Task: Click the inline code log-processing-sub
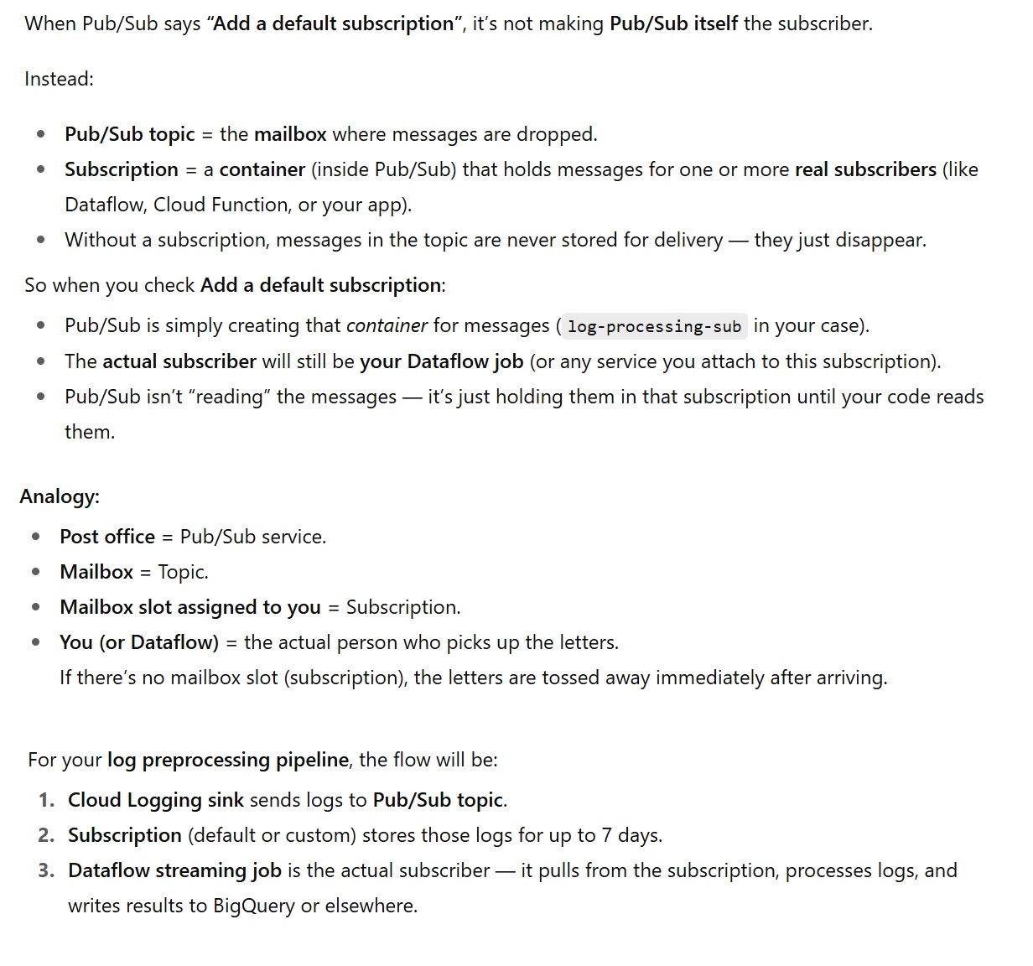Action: [654, 326]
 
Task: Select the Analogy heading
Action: [59, 496]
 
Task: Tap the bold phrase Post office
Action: [107, 537]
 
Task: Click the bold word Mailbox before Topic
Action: [96, 572]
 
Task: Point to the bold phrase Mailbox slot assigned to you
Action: [190, 607]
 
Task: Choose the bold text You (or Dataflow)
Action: [139, 642]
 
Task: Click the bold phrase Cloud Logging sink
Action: [156, 800]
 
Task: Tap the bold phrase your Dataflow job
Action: [442, 361]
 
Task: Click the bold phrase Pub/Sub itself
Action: [673, 23]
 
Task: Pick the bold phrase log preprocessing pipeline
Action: [228, 760]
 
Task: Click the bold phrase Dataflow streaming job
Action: [174, 870]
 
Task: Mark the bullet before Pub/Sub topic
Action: [41, 134]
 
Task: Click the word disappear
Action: [883, 240]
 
